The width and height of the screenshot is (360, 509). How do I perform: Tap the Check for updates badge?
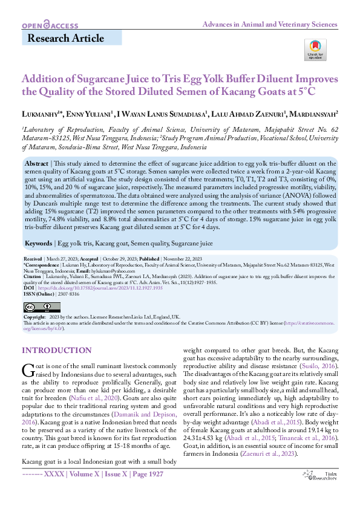(315, 50)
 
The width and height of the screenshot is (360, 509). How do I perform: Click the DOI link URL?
(100, 288)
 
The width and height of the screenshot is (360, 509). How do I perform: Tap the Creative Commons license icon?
(42, 307)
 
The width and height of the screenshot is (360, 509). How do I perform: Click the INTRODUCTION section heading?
(57, 351)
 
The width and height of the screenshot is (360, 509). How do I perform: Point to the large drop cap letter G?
(28, 370)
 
